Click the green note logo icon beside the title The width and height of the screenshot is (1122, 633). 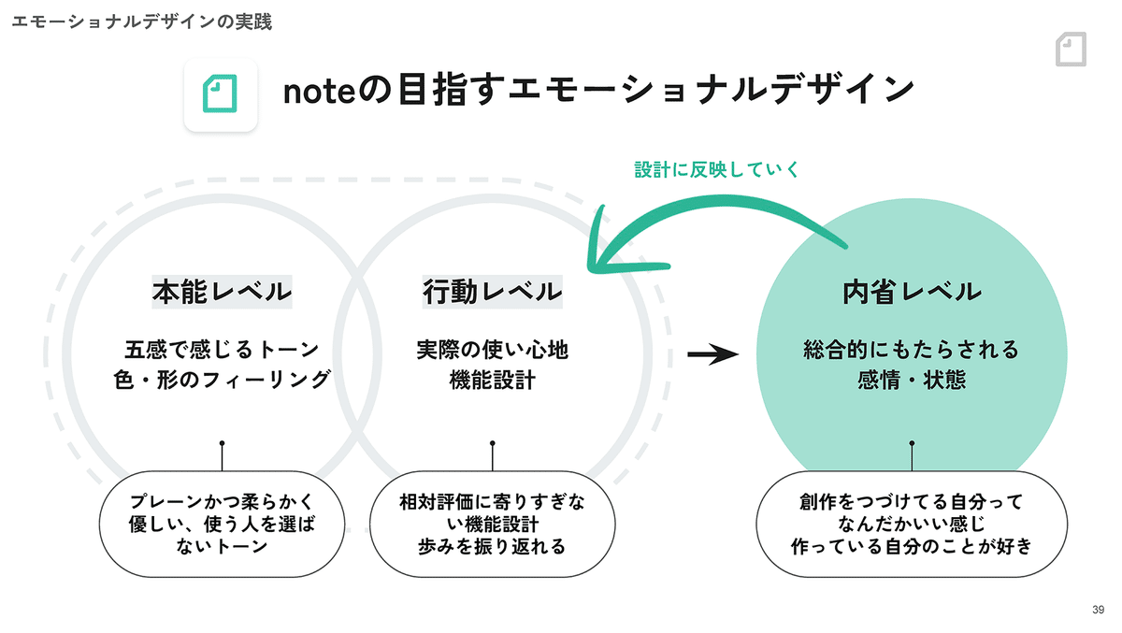(220, 94)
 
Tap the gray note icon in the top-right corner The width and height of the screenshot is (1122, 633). (1071, 49)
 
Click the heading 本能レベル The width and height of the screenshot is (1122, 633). (222, 292)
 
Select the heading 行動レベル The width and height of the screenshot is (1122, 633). (493, 292)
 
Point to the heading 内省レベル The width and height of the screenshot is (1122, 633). (912, 292)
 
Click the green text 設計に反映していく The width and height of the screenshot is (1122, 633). (717, 169)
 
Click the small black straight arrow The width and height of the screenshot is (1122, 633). (712, 354)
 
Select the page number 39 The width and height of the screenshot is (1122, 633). (1098, 610)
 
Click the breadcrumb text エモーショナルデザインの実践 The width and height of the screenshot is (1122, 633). (142, 22)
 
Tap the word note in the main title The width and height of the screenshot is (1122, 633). (320, 92)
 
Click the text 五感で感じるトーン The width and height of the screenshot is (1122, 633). (222, 349)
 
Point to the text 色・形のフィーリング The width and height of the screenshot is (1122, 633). (222, 380)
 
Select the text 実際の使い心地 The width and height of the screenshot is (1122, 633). (493, 349)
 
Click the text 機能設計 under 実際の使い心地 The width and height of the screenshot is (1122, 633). (493, 380)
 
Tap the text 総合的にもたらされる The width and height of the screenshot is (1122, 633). (912, 349)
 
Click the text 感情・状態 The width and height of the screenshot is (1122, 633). (912, 380)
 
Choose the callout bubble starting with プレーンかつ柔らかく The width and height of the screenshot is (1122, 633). (222, 524)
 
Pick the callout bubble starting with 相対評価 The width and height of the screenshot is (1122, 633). (493, 524)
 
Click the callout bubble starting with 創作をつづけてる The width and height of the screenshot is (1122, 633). (912, 524)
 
